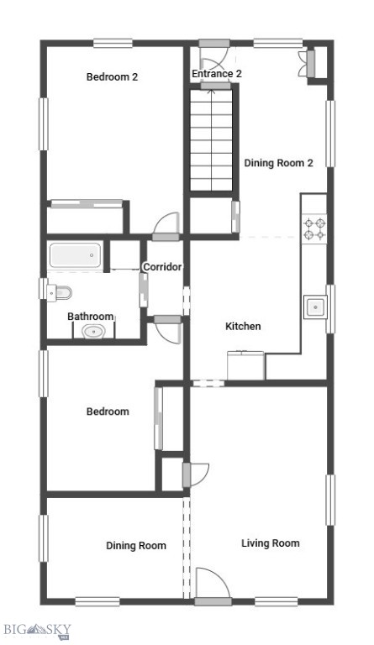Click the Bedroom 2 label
112,77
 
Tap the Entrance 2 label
217,74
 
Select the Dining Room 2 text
278,163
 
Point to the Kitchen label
243,326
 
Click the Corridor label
162,267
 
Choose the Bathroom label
90,317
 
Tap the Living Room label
270,543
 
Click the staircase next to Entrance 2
210,142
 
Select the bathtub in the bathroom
76,256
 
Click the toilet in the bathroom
61,292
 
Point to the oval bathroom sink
93,331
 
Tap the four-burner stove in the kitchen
314,229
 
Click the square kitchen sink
315,307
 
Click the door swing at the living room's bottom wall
213,585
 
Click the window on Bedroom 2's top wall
113,44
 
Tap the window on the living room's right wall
330,499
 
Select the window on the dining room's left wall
43,537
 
